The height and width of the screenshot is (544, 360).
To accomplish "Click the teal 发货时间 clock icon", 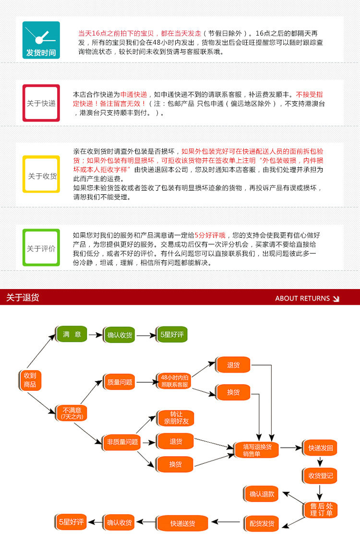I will click(x=41, y=40).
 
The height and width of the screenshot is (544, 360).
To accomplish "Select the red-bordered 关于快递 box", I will click(x=41, y=103).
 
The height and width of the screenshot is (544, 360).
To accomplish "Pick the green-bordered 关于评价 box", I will click(x=41, y=248).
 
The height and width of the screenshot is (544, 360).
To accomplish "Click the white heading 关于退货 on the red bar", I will click(x=23, y=298).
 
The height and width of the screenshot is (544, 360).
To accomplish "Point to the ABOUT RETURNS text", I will click(x=302, y=298).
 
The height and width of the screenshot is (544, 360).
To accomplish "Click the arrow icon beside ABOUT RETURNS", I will click(x=336, y=299).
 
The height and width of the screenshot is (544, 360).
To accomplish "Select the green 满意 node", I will click(x=72, y=334).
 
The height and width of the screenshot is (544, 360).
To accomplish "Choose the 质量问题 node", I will click(x=120, y=382).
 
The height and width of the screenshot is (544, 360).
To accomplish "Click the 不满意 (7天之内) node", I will click(x=72, y=413).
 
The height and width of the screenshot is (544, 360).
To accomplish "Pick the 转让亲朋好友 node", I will click(x=176, y=418).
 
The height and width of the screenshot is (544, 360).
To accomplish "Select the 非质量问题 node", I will click(x=122, y=442).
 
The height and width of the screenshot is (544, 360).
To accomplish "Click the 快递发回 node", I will click(x=320, y=448).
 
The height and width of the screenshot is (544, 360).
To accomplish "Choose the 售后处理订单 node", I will click(x=321, y=510).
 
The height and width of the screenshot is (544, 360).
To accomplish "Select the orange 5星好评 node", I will click(x=71, y=521).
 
